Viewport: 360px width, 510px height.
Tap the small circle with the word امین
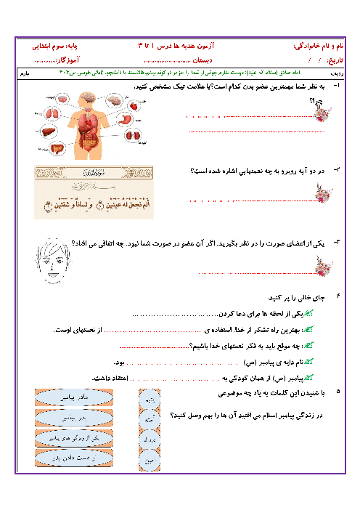[149, 460]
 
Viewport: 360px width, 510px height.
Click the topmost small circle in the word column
[149, 400]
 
